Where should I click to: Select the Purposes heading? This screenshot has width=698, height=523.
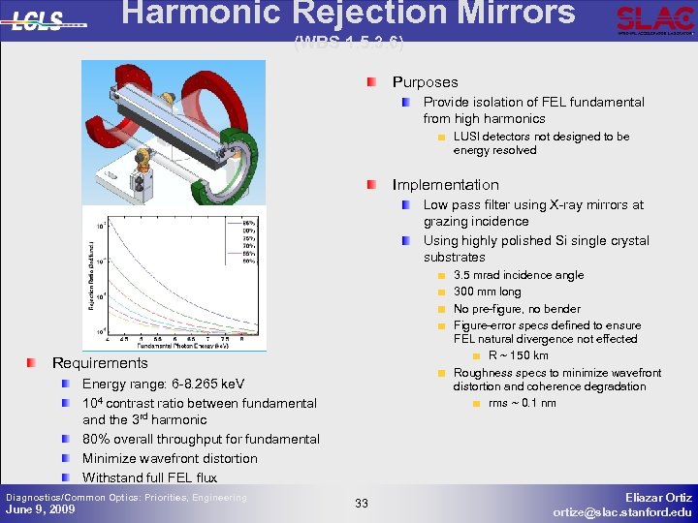point(425,82)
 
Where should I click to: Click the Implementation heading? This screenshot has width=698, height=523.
point(445,185)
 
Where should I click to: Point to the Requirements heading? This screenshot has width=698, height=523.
point(100,363)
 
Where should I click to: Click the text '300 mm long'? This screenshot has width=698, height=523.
point(487,292)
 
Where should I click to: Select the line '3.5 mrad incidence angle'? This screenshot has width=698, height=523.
point(519,275)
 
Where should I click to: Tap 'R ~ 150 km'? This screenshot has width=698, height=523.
point(518,355)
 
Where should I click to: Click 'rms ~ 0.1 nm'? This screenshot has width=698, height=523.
point(522,403)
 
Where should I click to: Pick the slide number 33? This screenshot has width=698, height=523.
point(361,503)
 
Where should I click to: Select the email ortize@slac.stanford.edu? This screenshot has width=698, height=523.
point(622,511)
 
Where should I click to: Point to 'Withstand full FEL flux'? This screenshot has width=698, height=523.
point(149,477)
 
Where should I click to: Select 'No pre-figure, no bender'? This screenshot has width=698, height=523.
point(517,309)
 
